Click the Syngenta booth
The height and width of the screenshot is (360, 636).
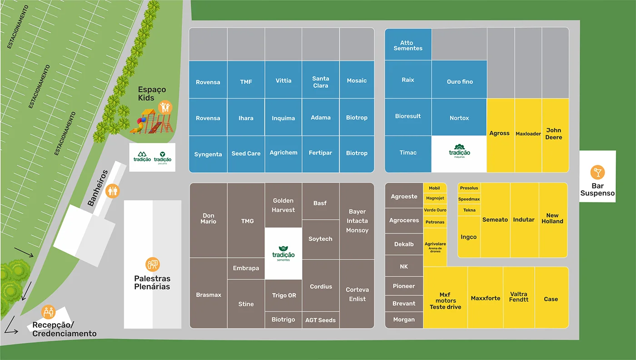[208, 154]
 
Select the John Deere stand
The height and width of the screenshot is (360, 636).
[555, 135]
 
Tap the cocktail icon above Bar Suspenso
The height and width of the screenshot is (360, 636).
[597, 173]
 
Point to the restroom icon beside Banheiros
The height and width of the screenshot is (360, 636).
[112, 191]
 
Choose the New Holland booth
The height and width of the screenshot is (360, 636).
[552, 219]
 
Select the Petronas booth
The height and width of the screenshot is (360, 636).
[435, 222]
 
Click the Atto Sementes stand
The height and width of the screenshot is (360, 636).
[408, 45]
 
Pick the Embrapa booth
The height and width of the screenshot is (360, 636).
[246, 268]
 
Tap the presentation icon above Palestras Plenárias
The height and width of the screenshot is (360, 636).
[152, 264]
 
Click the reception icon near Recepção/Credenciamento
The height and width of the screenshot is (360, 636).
[48, 312]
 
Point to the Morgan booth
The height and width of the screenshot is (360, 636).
[404, 320]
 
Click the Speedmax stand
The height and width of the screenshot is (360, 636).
[469, 199]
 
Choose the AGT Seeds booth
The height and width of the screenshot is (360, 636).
[320, 320]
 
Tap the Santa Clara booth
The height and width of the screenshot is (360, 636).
[320, 82]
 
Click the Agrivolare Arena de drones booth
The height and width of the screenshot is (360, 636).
[435, 247]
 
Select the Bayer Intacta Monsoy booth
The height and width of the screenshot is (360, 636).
[357, 221]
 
